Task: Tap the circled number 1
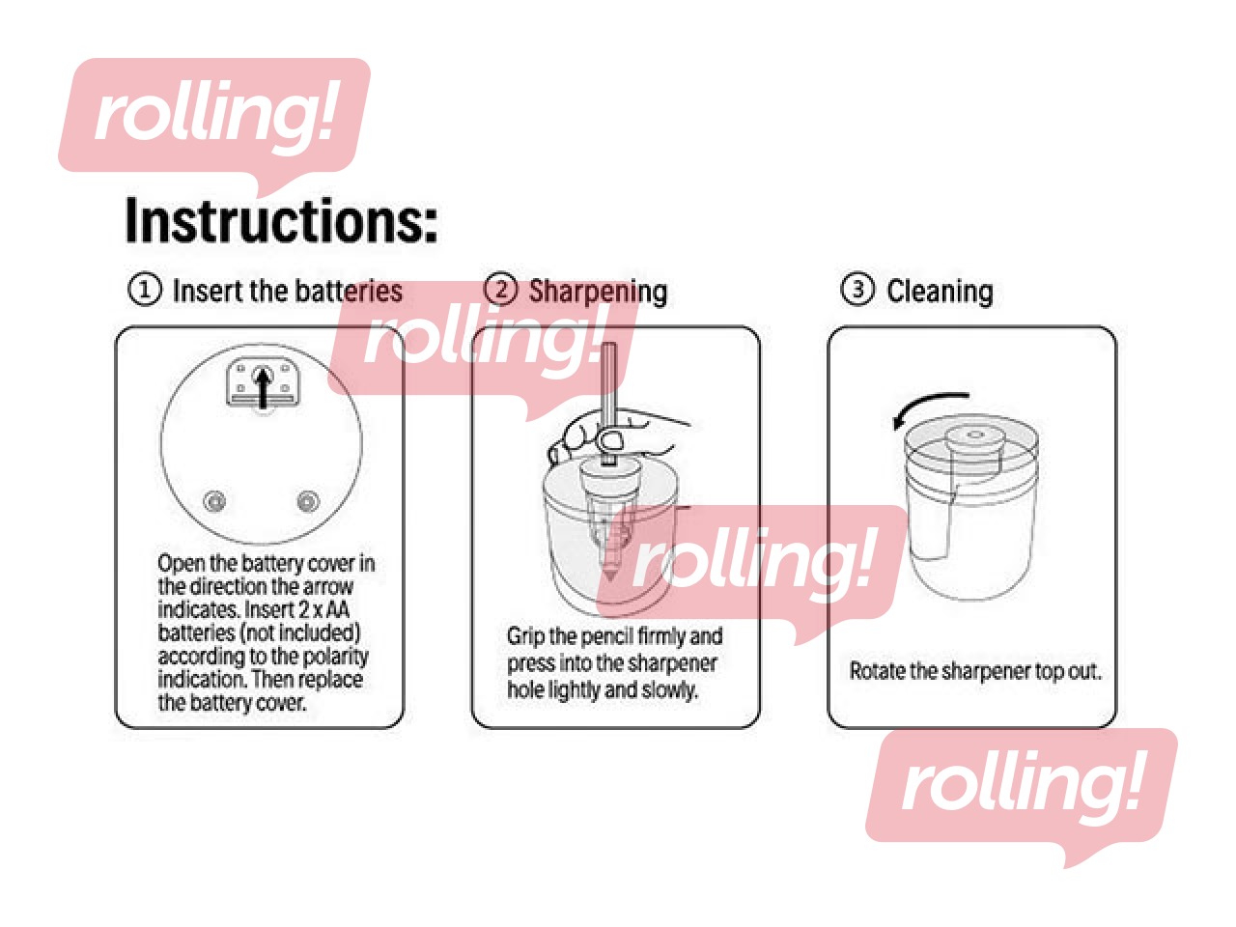coord(144,291)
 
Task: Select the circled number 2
coord(500,291)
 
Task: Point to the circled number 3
coord(857,291)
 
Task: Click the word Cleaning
coord(940,293)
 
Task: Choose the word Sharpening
coord(598,293)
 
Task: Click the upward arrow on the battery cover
coord(263,387)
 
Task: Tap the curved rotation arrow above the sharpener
coord(929,409)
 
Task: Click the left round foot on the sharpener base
coord(214,500)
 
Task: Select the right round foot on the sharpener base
coord(307,500)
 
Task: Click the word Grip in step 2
coord(525,637)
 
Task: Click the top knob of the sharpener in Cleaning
coord(975,438)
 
